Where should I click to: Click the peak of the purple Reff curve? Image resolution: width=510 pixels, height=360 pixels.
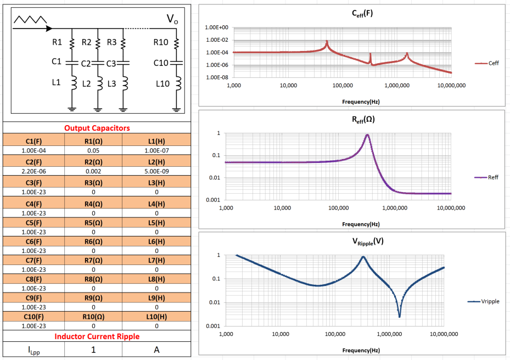367,135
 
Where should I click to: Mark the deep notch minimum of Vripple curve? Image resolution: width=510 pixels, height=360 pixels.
399,316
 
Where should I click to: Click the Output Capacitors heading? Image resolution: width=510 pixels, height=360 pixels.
97,128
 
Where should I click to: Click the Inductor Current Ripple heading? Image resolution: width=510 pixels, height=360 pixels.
97,336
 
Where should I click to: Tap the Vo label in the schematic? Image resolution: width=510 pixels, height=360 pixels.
172,20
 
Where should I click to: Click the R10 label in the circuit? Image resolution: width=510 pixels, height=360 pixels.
161,42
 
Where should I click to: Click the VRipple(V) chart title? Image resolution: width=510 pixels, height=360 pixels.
351,242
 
